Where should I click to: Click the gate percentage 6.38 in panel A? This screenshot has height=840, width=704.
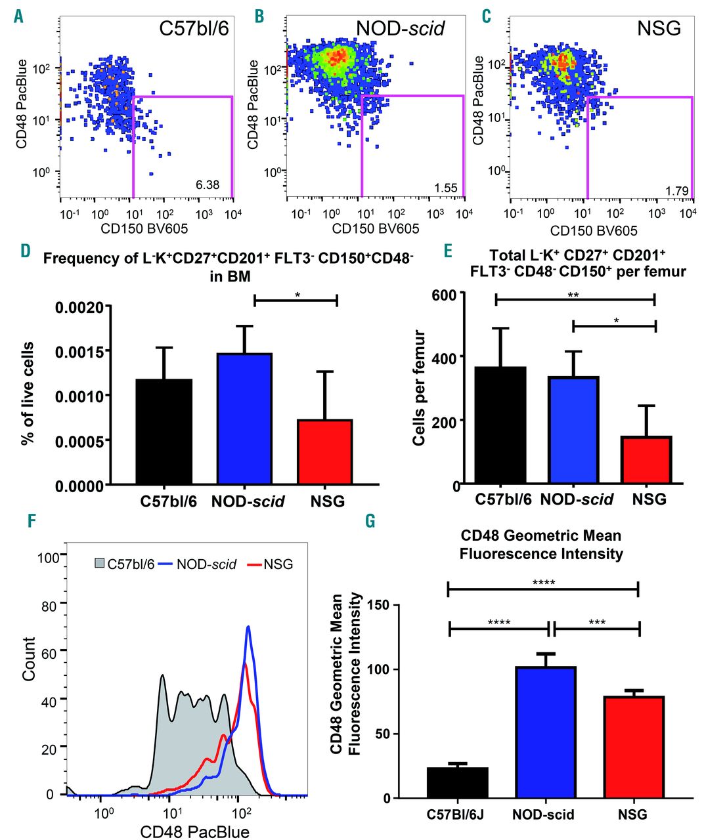click(208, 184)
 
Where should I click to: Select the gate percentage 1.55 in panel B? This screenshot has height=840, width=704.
click(445, 188)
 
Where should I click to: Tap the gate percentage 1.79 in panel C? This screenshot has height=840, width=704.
click(676, 191)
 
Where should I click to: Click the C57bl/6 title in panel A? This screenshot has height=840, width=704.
click(194, 29)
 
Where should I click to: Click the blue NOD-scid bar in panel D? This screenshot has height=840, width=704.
click(244, 420)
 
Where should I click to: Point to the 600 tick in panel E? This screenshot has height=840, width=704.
click(445, 294)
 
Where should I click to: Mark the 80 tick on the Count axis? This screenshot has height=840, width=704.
click(49, 606)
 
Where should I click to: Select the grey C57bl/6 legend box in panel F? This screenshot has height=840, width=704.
click(100, 564)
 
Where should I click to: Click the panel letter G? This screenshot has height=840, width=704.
click(370, 521)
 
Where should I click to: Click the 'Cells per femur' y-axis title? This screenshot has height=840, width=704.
click(420, 388)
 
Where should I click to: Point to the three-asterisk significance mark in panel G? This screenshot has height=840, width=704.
click(597, 622)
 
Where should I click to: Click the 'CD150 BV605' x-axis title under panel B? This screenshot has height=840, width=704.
click(375, 228)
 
